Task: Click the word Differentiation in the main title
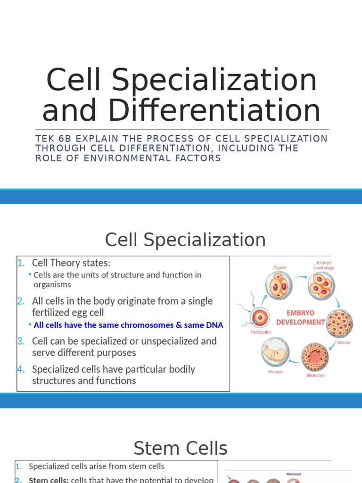coord(214,110)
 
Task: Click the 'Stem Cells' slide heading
coord(181,448)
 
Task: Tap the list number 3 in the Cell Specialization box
coord(21,341)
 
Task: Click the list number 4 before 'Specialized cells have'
coord(21,369)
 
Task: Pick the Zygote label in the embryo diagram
coord(280,267)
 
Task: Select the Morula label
coord(343,342)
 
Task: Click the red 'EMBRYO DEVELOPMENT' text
coord(301,317)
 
